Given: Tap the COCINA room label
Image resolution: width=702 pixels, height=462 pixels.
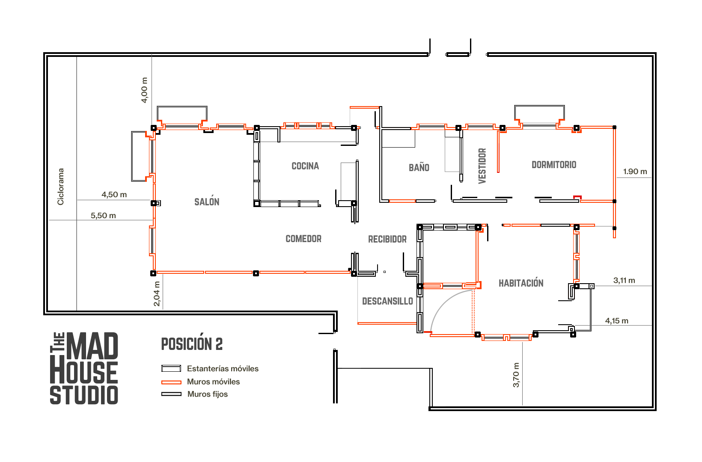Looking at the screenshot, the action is [305, 166].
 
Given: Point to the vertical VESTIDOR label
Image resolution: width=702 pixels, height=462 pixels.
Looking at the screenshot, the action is [482, 166].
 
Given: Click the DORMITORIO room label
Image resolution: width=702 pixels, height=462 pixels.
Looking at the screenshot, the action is [554, 165].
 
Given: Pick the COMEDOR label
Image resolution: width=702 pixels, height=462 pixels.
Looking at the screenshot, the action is [303, 239].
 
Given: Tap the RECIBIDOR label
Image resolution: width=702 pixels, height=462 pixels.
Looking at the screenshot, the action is [387, 239].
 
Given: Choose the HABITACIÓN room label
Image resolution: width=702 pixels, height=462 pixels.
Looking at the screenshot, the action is [521, 282].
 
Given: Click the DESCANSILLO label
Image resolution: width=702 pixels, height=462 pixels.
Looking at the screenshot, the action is [388, 301].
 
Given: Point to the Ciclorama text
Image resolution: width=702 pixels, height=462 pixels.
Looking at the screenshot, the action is [60, 187].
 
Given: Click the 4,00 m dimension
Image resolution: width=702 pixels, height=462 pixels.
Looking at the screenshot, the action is [144, 90].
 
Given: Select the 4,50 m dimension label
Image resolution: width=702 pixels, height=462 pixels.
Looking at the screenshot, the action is [114, 195].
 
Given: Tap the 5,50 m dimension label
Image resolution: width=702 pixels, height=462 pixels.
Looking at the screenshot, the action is [104, 216].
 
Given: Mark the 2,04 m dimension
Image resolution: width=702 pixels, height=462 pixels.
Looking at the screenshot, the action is [157, 294].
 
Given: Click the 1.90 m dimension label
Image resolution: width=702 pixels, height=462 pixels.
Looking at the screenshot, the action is [635, 172].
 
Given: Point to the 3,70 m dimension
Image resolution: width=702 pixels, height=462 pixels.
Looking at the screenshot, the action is [516, 375].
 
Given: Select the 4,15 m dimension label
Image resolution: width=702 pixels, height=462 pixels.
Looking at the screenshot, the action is [617, 321].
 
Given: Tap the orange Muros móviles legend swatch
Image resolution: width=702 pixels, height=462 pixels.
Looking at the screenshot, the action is [171, 382].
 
